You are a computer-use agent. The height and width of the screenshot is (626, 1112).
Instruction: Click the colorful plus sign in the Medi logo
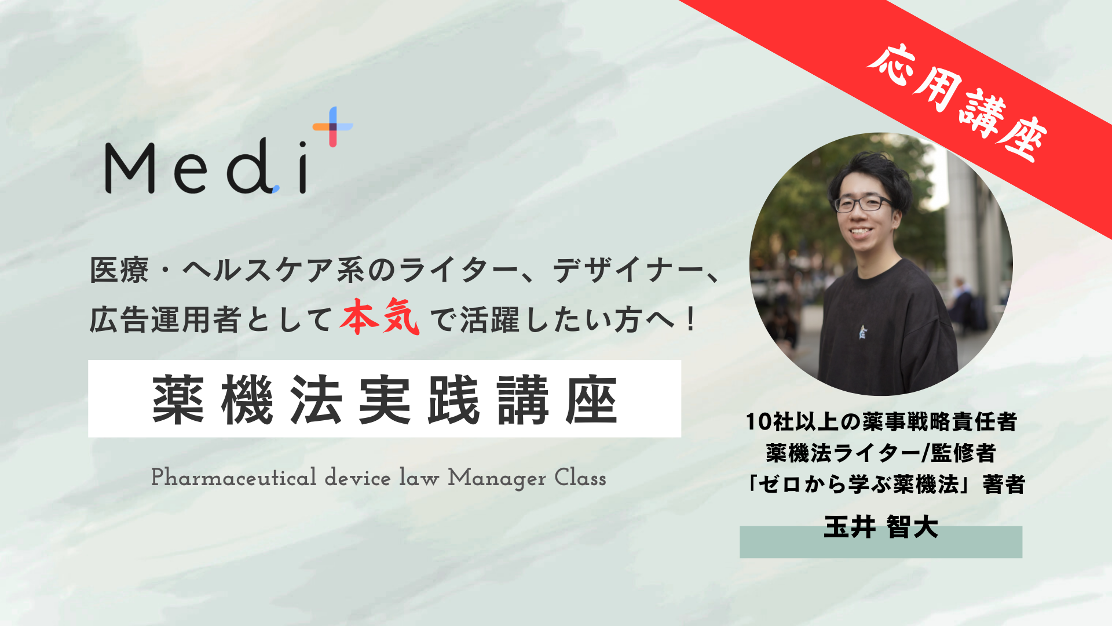tap(333, 126)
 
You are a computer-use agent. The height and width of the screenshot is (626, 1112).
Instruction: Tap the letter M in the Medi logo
tap(130, 169)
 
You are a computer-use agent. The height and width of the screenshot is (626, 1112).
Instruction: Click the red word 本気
tap(380, 317)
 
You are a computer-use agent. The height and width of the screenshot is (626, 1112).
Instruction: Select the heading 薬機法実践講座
tap(385, 400)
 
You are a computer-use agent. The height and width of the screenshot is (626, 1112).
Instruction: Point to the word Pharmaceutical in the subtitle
tap(234, 478)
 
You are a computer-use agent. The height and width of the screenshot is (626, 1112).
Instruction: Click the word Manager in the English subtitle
tap(497, 479)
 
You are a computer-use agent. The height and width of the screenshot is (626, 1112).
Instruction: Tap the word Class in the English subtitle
tap(580, 478)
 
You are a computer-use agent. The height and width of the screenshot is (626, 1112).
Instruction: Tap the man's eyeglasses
tap(862, 203)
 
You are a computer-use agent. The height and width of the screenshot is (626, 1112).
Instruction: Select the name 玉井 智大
tap(881, 527)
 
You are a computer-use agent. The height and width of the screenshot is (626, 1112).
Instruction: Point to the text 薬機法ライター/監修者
tap(881, 453)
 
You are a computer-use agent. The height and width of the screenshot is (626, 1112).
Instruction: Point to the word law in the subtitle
tap(419, 478)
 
